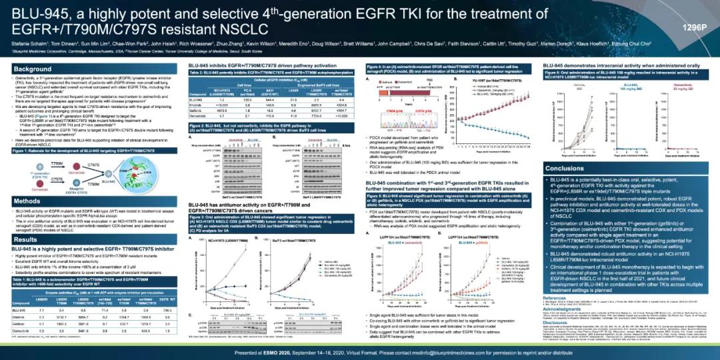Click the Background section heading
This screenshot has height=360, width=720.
tap(33, 69)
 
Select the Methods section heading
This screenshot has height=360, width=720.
tap(28, 200)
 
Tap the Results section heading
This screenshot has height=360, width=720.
tap(27, 239)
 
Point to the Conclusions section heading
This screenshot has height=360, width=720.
tap(567, 168)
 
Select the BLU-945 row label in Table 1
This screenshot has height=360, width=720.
tap(20, 310)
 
